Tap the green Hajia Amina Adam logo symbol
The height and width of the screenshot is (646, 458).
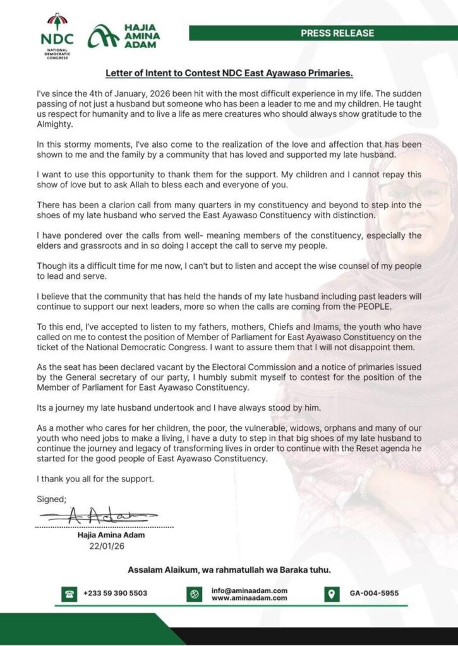[102, 36]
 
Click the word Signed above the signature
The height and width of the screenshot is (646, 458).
[51, 499]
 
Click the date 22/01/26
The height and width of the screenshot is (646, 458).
[106, 546]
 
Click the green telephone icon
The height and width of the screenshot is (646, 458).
[69, 594]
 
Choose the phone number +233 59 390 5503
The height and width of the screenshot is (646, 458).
[115, 594]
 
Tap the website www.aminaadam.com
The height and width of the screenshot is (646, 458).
[250, 598]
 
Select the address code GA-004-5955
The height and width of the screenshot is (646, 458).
[374, 594]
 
